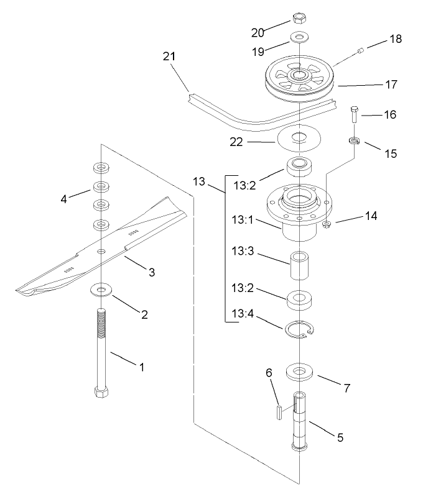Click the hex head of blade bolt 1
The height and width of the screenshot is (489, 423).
(x=102, y=393)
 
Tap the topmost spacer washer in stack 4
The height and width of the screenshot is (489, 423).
(x=100, y=167)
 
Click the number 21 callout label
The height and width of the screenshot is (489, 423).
(x=169, y=57)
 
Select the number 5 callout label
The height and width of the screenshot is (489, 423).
(x=340, y=437)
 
